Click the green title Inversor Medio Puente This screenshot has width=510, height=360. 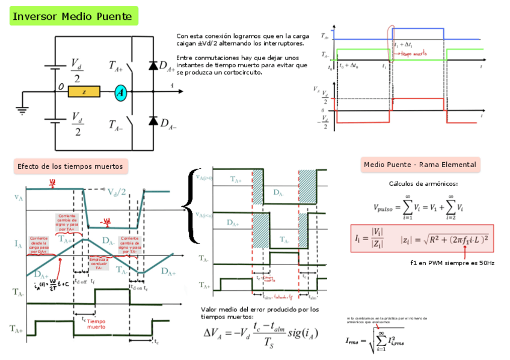coord(73,16)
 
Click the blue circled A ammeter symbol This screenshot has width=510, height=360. coord(120,92)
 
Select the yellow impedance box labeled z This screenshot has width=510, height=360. coord(84,92)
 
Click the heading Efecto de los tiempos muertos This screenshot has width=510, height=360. coord(70,166)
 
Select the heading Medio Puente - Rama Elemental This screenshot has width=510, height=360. coord(420,164)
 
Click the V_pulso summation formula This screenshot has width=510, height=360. coord(419,207)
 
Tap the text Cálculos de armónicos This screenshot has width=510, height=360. coord(423,184)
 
